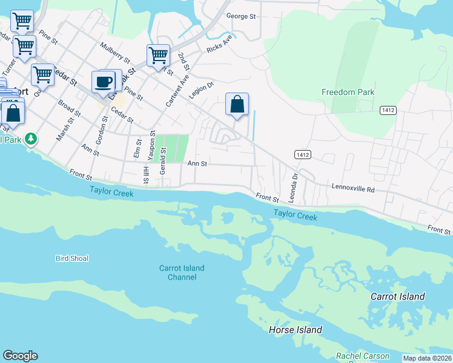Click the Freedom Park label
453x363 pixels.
tap(348, 92)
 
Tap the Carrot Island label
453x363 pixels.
tap(397, 296)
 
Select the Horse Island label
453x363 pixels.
tap(295, 330)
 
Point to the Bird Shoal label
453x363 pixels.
tap(71, 258)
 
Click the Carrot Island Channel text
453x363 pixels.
tap(182, 272)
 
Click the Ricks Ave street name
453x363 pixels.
tap(219, 44)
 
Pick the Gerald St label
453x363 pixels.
tap(164, 155)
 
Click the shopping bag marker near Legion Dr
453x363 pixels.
tap(237, 104)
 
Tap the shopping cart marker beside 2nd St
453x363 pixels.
tap(157, 56)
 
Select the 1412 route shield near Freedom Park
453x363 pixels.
tap(388, 110)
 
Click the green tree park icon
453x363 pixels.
tap(31, 139)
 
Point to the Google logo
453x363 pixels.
tap(21, 356)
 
